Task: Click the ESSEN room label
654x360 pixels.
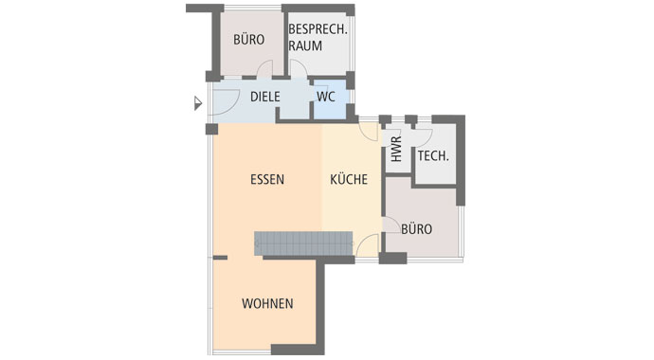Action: pyautogui.click(x=267, y=179)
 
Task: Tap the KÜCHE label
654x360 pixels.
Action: pyautogui.click(x=349, y=179)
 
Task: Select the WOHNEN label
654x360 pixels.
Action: pyautogui.click(x=267, y=304)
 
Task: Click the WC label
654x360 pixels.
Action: pyautogui.click(x=326, y=97)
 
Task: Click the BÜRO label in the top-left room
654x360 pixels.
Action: pyautogui.click(x=249, y=40)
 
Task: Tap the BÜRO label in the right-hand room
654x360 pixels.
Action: pyautogui.click(x=417, y=229)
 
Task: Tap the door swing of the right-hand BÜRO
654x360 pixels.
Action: pyautogui.click(x=390, y=225)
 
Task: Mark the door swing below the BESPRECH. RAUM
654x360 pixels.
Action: pyautogui.click(x=297, y=69)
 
